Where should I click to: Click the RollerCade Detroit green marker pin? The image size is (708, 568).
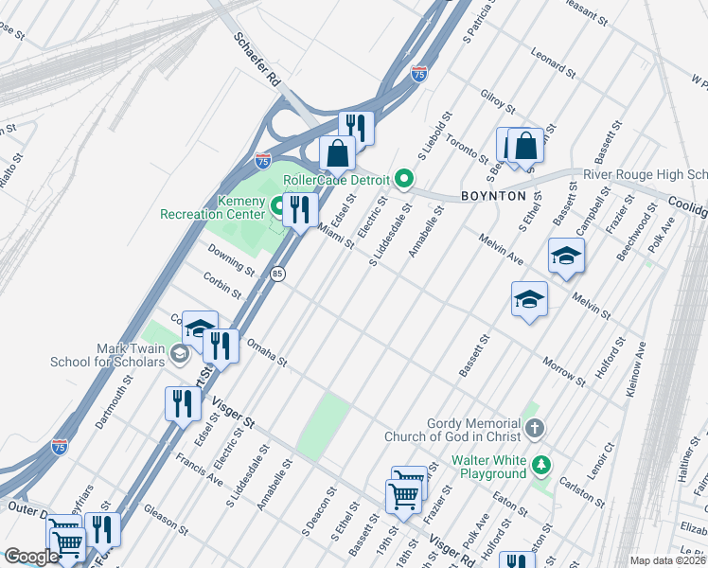coord(404,179)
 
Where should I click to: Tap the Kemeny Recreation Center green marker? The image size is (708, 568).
coord(279,204)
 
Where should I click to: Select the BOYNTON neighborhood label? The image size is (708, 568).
coord(492,195)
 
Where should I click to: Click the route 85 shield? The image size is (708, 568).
coord(277,274)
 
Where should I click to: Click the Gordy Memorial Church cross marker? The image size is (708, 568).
coord(535,430)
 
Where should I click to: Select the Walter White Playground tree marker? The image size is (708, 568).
coord(540,466)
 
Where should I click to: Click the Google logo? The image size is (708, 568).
coord(31,557)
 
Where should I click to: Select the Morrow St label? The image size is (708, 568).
coord(565,371)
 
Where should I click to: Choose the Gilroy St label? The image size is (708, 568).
coord(497,101)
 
